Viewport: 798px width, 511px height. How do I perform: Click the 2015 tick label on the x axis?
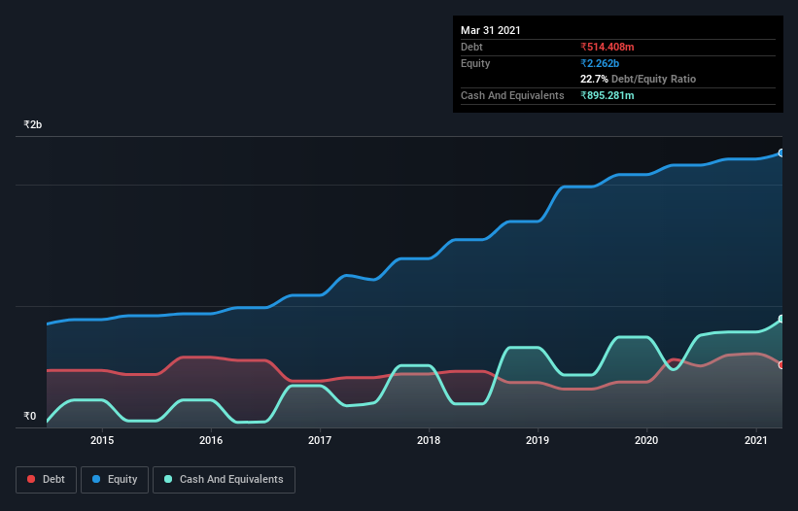coord(102,440)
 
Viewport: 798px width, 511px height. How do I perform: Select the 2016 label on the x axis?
coord(211,440)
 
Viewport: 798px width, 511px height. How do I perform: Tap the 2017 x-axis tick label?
coord(320,440)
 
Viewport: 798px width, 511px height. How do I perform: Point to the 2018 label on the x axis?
coord(429,440)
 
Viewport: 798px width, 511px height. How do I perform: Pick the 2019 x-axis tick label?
coord(538,440)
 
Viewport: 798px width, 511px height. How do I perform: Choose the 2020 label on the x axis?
coord(646,440)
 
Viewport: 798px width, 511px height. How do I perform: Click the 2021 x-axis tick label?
coord(755,440)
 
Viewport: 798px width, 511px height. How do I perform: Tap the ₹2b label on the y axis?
coord(33,125)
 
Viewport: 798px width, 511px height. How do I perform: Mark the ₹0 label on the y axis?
coord(29,417)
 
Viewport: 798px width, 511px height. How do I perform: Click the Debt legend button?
coord(45,479)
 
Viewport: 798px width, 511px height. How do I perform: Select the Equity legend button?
coord(115,479)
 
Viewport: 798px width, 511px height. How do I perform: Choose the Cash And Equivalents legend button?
coord(224,479)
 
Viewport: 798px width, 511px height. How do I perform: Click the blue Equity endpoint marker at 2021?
coord(781,153)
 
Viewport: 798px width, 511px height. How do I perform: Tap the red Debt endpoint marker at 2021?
coord(781,365)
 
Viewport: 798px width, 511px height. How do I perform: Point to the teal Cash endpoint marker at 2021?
coord(781,320)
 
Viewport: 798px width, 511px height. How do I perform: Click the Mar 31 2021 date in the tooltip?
coord(491,30)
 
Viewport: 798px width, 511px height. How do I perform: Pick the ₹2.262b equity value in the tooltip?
coord(600,63)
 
